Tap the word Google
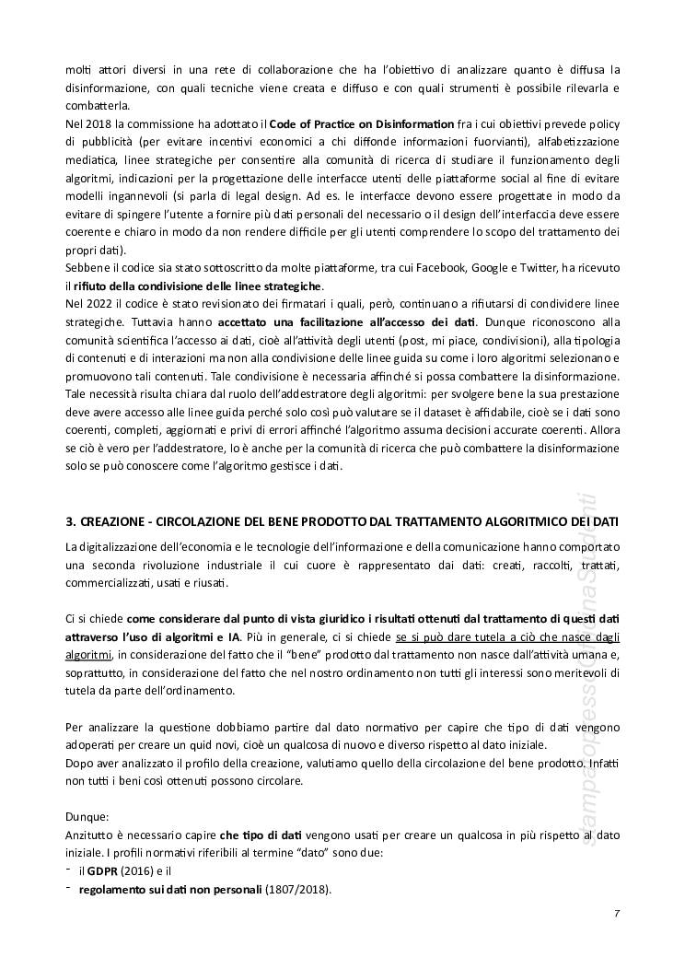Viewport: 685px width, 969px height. pyautogui.click(x=544, y=267)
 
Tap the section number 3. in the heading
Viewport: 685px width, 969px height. pyautogui.click(x=70, y=521)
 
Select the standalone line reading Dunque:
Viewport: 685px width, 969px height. pyautogui.click(x=87, y=816)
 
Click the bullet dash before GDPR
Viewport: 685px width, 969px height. pyautogui.click(x=70, y=870)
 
